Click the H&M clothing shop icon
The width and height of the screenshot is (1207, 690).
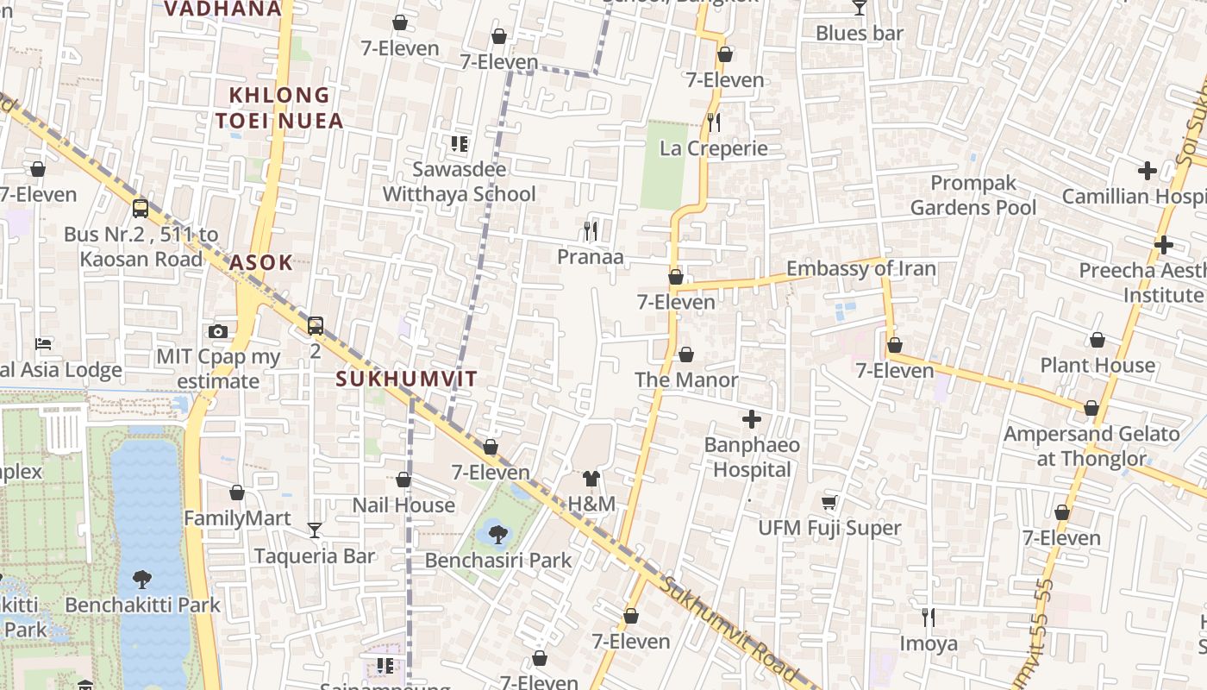tap(591, 479)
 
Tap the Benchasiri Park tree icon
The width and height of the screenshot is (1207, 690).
tap(497, 535)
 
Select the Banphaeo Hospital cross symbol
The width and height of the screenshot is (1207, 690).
tap(752, 419)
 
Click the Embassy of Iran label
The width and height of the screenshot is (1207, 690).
tap(860, 268)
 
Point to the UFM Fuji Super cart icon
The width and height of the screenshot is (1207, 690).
tap(829, 502)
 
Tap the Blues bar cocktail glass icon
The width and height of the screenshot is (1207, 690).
tap(859, 8)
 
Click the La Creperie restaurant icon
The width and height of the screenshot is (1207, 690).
tap(713, 122)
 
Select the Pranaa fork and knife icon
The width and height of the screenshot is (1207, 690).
tap(591, 231)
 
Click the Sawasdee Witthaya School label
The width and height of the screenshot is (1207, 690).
tap(459, 181)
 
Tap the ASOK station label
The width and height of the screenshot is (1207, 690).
tap(261, 263)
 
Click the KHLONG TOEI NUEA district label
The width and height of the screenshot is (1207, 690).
tap(279, 108)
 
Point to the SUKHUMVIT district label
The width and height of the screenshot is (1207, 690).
tap(406, 379)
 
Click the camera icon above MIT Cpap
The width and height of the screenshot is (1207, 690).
tap(217, 332)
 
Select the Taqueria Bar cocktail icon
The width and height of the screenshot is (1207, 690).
tap(315, 530)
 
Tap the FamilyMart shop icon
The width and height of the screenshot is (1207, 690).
tap(237, 493)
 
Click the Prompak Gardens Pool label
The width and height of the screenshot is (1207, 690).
tap(973, 195)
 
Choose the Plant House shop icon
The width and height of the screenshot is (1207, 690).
tap(1098, 341)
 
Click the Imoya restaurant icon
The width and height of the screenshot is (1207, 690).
tap(929, 618)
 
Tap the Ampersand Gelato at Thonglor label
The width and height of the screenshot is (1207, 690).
tap(1091, 446)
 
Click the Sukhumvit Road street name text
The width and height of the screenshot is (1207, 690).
tap(729, 630)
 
